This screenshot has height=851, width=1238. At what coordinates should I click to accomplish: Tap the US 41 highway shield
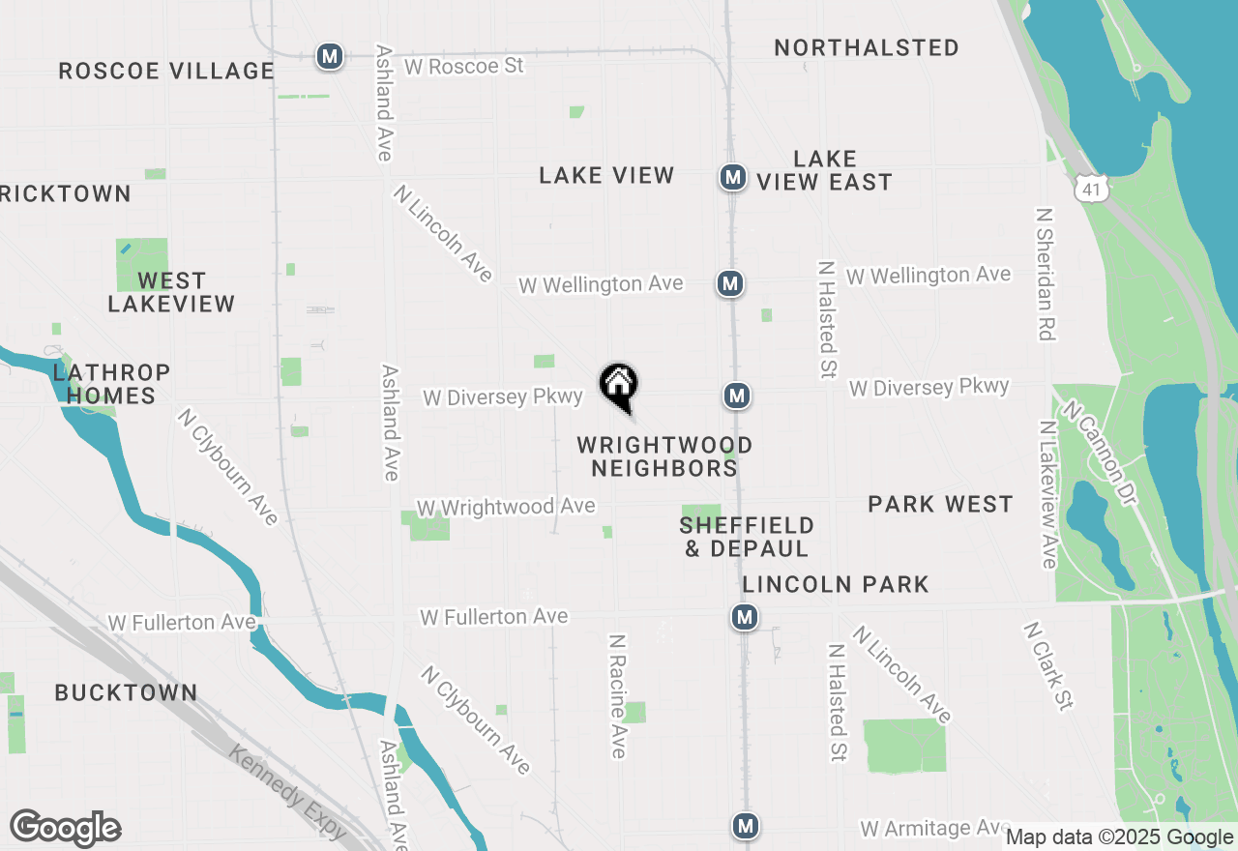tap(1092, 189)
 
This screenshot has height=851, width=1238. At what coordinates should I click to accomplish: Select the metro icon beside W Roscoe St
tap(330, 57)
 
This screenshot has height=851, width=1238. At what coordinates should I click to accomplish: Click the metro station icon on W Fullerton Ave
tap(744, 617)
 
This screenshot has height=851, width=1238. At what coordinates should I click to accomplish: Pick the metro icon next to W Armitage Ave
tap(745, 826)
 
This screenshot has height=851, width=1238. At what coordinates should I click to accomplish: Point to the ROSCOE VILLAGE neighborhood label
tap(166, 71)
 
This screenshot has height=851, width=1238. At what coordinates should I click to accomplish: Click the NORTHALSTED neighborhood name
tap(867, 47)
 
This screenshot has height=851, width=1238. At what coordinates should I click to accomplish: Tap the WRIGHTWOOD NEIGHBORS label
tap(664, 456)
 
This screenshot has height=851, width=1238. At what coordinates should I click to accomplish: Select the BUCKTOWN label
tap(126, 692)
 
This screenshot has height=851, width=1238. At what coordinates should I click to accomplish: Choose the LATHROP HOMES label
tap(112, 384)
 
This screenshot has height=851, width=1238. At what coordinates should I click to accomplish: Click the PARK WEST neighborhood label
tap(940, 504)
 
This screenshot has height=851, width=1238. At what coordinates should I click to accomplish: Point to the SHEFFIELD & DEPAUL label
tap(747, 537)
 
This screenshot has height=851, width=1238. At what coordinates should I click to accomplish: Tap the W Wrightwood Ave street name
tap(506, 507)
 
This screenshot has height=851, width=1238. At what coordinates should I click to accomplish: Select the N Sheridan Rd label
tap(1045, 274)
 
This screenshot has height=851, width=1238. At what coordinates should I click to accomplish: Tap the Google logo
tap(66, 829)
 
